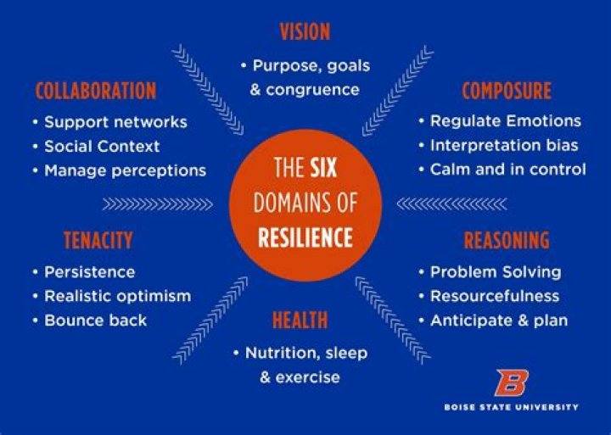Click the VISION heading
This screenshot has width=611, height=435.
(x=305, y=32)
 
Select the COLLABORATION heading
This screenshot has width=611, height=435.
(x=96, y=91)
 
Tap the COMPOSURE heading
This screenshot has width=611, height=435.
(x=507, y=91)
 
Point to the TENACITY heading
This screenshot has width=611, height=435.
(x=98, y=241)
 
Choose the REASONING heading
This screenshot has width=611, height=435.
(x=506, y=241)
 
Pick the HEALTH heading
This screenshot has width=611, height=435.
(x=300, y=320)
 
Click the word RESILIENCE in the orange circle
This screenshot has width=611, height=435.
(x=305, y=236)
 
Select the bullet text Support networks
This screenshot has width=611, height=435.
(x=115, y=122)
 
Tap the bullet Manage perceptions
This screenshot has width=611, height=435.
(x=125, y=170)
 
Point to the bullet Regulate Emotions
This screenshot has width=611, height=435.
(x=506, y=121)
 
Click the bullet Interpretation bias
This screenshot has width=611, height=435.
(x=504, y=145)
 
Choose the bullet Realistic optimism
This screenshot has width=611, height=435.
(x=117, y=296)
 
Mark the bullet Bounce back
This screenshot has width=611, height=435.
(x=95, y=321)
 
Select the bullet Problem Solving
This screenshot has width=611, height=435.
(x=496, y=272)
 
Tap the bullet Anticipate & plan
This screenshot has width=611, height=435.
(x=499, y=321)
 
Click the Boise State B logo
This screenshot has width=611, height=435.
(x=511, y=383)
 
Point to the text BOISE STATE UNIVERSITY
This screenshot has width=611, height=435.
(x=511, y=407)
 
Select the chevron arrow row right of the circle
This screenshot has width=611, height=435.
(x=451, y=204)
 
